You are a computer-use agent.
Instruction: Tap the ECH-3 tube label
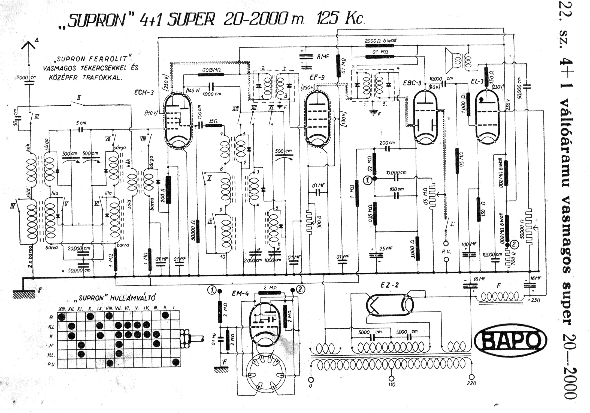point(144,93)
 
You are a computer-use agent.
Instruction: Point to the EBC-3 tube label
point(412,83)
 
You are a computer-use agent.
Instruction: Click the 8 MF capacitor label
point(323,57)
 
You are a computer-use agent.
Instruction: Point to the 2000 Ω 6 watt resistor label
point(380,40)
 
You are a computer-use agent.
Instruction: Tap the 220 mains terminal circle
point(471,377)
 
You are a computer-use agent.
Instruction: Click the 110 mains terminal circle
point(392,378)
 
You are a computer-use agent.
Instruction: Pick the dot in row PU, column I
point(176,362)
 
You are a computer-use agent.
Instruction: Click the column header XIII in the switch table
point(62,309)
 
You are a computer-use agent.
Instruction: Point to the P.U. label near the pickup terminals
point(446,252)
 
